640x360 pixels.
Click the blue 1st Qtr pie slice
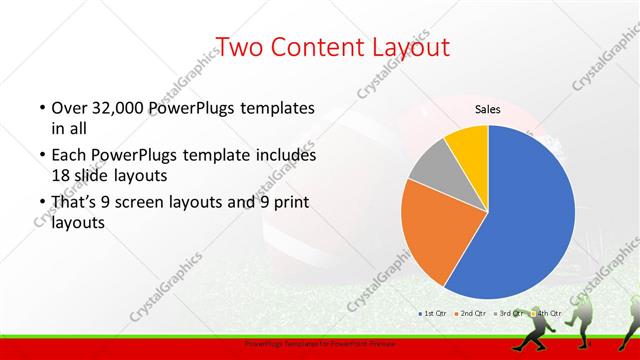tap(530, 220)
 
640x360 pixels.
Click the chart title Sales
tap(487, 110)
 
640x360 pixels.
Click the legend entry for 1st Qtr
tap(432, 313)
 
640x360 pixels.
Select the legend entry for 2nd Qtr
tap(470, 313)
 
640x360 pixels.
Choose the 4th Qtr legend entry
tap(546, 313)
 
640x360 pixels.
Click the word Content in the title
tap(316, 46)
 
